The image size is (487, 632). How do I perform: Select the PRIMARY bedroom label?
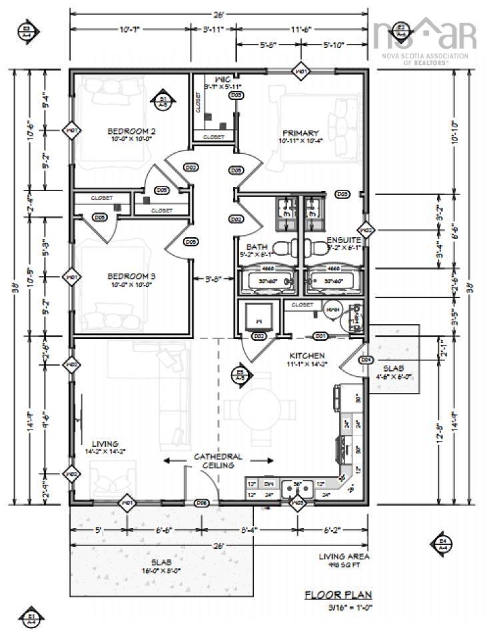[x=300, y=133]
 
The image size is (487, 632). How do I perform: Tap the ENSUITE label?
[x=343, y=240]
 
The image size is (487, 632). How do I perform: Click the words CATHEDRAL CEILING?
[x=218, y=461]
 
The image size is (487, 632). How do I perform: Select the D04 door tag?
[x=365, y=360]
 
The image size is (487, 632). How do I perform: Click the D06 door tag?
[x=202, y=503]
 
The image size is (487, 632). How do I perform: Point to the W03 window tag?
[x=300, y=503]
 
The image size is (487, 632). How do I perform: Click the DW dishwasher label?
[x=268, y=484]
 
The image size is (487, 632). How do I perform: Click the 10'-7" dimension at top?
[x=129, y=29]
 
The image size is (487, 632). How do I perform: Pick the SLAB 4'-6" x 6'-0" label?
[x=392, y=372]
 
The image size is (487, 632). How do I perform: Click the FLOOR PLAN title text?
[x=338, y=595]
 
